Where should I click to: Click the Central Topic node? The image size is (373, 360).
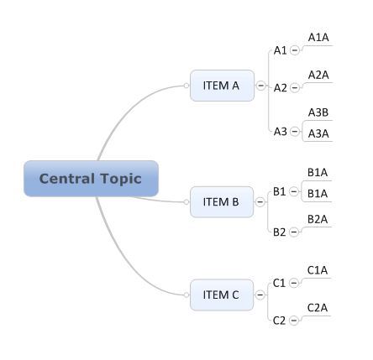pyautogui.click(x=91, y=179)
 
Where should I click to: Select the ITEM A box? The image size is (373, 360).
pyautogui.click(x=222, y=86)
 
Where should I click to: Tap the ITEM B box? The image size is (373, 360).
pyautogui.click(x=222, y=202)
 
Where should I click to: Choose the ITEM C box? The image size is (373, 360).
pyautogui.click(x=222, y=295)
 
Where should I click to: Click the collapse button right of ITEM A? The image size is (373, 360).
pyautogui.click(x=260, y=86)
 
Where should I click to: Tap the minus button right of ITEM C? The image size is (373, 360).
pyautogui.click(x=260, y=295)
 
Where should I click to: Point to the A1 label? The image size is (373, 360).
pyautogui.click(x=281, y=50)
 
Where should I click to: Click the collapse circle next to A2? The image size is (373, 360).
pyautogui.click(x=295, y=87)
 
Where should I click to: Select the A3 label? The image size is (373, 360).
pyautogui.click(x=281, y=131)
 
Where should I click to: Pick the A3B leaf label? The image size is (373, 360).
pyautogui.click(x=318, y=112)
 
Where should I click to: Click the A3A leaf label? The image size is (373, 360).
pyautogui.click(x=318, y=133)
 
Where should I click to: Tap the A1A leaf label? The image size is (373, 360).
pyautogui.click(x=318, y=38)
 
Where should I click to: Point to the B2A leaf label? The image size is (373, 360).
pyautogui.click(x=318, y=219)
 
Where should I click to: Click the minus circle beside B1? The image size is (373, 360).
pyautogui.click(x=294, y=191)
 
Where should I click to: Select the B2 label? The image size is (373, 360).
pyautogui.click(x=280, y=232)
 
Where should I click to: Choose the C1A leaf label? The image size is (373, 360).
pyautogui.click(x=318, y=270)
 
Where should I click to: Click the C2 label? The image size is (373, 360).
pyautogui.click(x=279, y=321)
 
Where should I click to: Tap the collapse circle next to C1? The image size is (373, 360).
pyautogui.click(x=294, y=283)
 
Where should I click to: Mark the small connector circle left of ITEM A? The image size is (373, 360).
pyautogui.click(x=186, y=86)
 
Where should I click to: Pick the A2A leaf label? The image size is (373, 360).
pyautogui.click(x=318, y=75)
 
